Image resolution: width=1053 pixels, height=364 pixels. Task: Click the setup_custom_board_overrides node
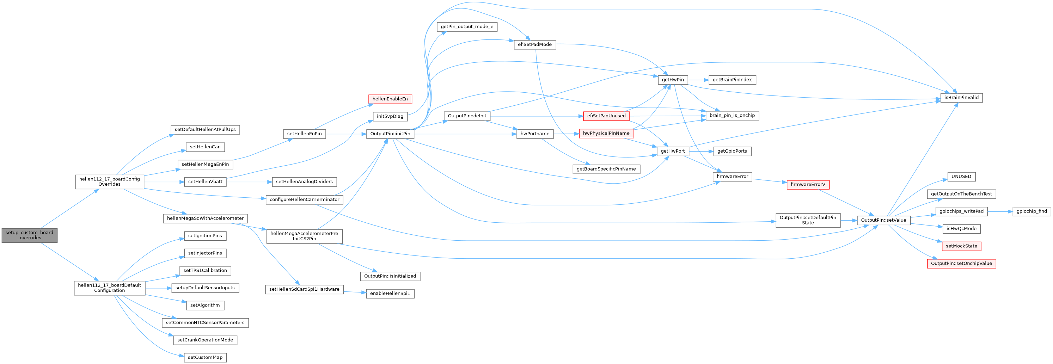pyautogui.click(x=29, y=235)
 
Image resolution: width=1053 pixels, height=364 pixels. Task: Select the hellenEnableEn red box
pyautogui.click(x=390, y=99)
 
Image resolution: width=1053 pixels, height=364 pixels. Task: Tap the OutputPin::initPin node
pyautogui.click(x=390, y=134)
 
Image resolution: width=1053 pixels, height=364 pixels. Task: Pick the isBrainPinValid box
pyautogui.click(x=961, y=98)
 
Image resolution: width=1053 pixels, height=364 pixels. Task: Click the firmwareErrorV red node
pyautogui.click(x=808, y=185)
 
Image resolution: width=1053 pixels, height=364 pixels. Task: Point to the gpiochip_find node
pyautogui.click(x=1031, y=211)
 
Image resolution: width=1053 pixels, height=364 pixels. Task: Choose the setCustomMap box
pyautogui.click(x=205, y=357)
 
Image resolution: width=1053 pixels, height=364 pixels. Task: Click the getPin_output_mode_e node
pyautogui.click(x=467, y=26)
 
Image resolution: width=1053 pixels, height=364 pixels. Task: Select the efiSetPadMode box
pyautogui.click(x=535, y=44)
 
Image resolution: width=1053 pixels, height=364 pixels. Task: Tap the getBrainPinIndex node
pyautogui.click(x=732, y=80)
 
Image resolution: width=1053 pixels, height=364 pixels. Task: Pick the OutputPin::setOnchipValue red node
pyautogui.click(x=961, y=264)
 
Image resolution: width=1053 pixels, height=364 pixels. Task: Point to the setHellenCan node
pyautogui.click(x=205, y=147)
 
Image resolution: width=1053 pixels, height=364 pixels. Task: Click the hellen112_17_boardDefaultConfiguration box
pyautogui.click(x=110, y=288)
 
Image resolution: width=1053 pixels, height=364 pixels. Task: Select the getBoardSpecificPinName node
pyautogui.click(x=606, y=169)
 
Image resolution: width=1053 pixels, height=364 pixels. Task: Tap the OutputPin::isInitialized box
pyautogui.click(x=390, y=276)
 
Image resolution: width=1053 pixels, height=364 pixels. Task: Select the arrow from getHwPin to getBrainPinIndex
pyautogui.click(x=698, y=80)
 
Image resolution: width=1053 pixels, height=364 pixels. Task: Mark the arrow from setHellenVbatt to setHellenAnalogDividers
pyautogui.click(x=249, y=182)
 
